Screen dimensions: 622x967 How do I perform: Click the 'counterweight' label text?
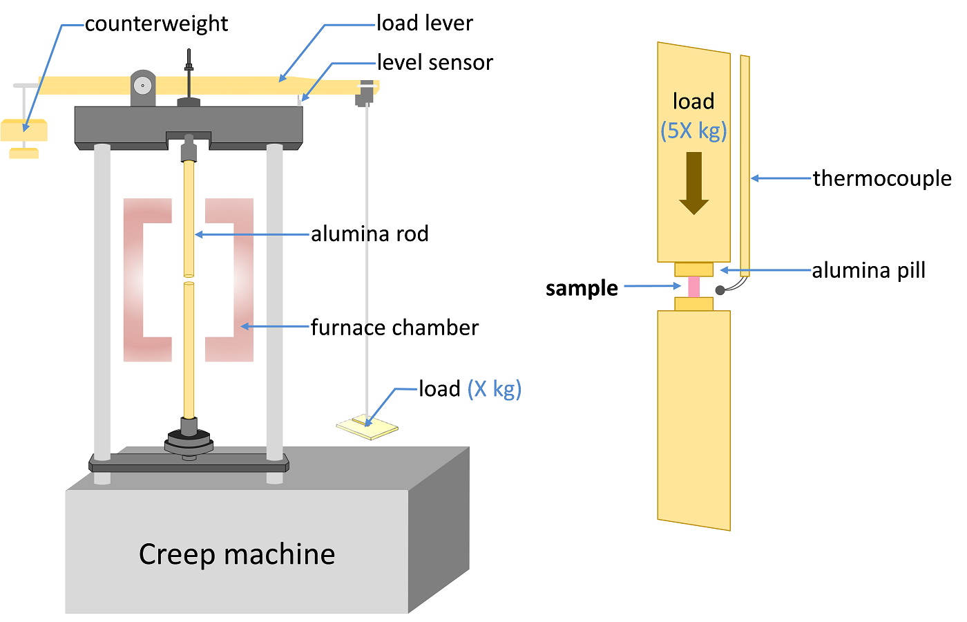[x=156, y=24]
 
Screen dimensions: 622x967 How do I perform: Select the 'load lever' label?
[x=424, y=23]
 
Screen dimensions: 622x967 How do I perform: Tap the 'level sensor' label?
[x=434, y=63]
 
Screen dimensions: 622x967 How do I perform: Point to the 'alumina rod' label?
[x=370, y=234]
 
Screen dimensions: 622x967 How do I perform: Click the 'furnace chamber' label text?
[x=394, y=328]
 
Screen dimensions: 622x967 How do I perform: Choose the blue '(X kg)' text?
[x=495, y=389]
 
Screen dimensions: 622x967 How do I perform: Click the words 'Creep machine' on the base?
[x=237, y=554]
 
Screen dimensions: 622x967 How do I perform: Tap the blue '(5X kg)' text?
[x=693, y=131]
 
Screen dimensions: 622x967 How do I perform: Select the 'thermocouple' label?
[x=882, y=178]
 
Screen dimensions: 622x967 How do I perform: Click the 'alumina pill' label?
[x=868, y=270]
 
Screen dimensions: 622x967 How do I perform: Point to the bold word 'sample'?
[x=582, y=288]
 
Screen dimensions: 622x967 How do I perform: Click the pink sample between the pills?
[x=693, y=287]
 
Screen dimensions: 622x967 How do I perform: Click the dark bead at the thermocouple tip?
[x=720, y=290]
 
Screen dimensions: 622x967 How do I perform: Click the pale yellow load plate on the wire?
[x=367, y=428]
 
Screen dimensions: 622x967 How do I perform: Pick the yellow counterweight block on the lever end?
[x=24, y=130]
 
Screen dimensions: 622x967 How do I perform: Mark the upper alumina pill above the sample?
[x=693, y=270]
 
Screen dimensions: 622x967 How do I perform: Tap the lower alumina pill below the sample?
[x=693, y=304]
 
